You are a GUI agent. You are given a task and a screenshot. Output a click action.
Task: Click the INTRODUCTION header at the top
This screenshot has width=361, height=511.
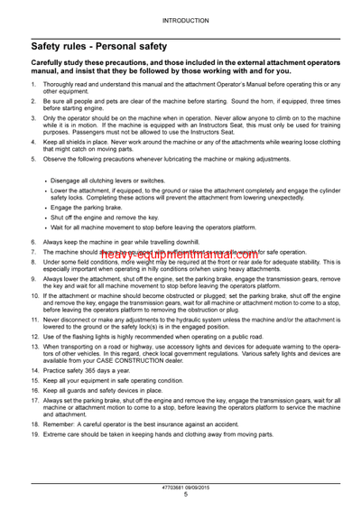tap(180, 18)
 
